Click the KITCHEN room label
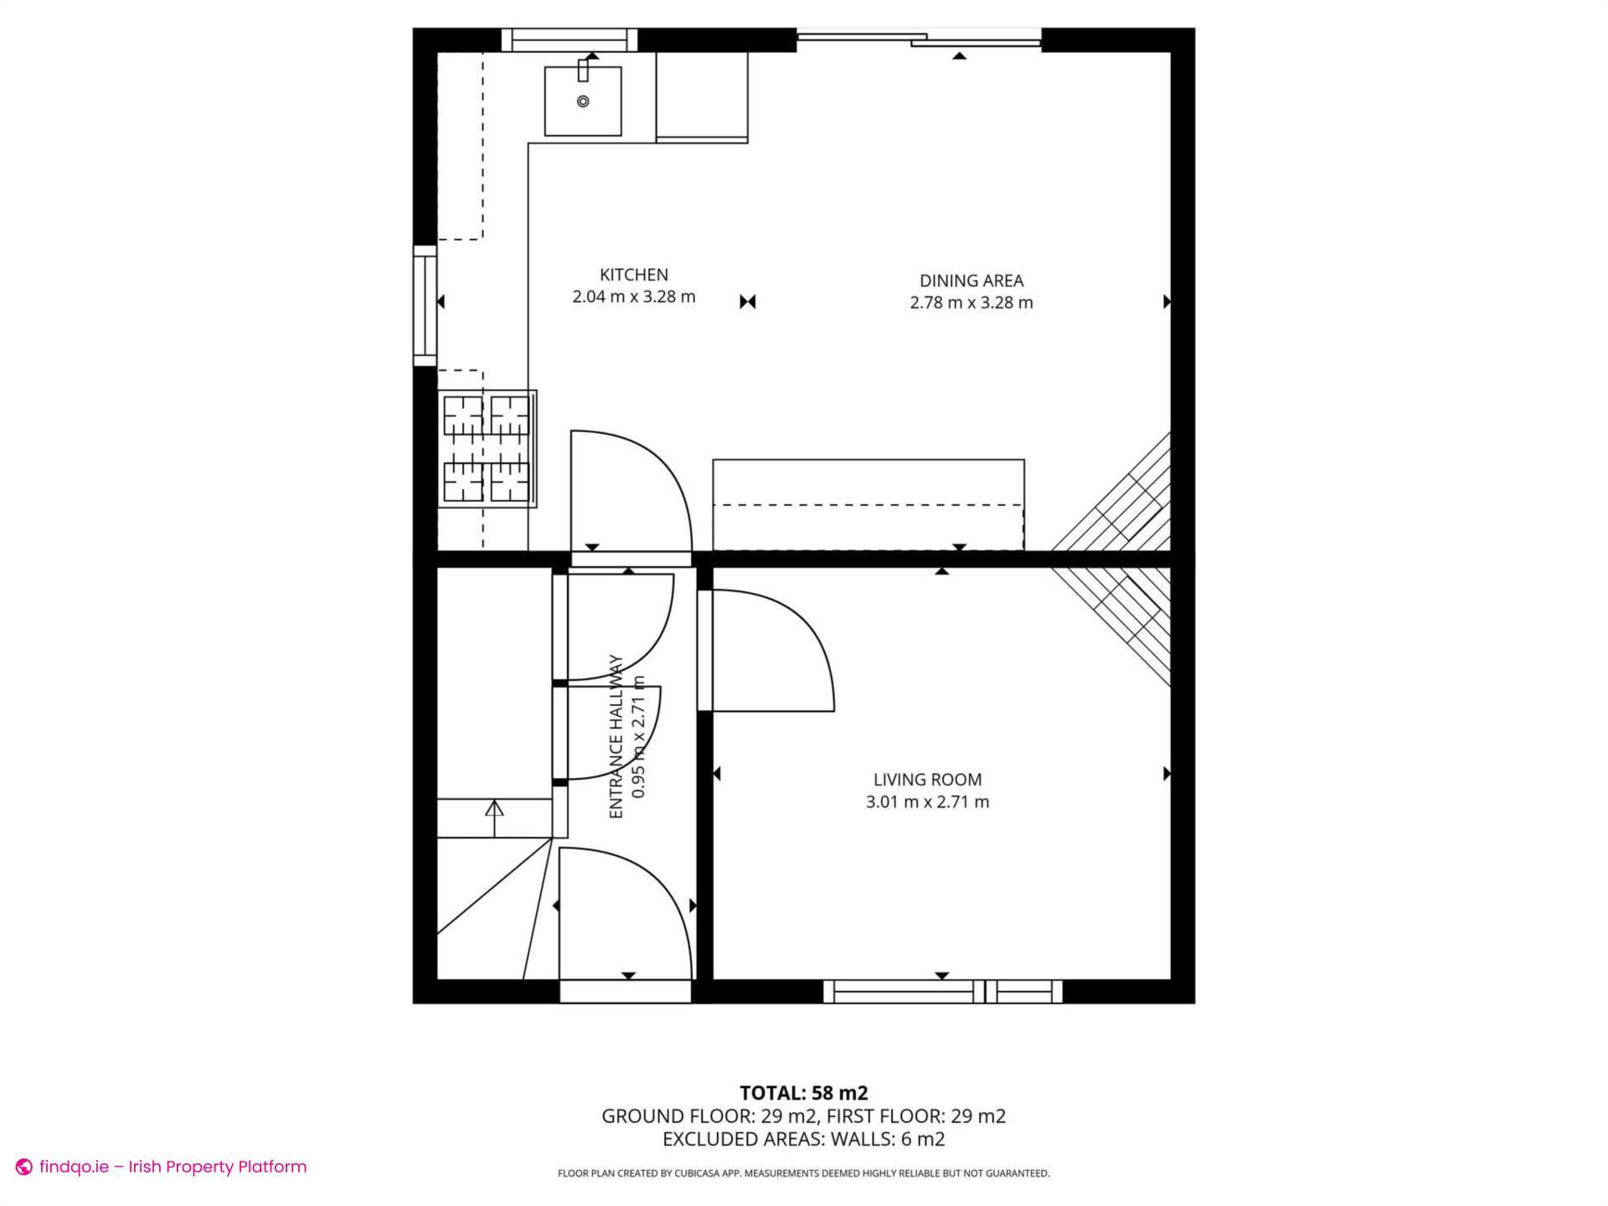tap(633, 275)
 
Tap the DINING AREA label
tap(971, 281)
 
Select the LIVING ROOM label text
tap(927, 780)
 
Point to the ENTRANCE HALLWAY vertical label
tap(616, 737)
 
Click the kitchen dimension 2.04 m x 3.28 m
tap(633, 296)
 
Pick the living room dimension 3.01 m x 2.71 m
tap(927, 802)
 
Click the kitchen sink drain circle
tap(583, 101)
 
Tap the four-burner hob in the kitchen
tap(487, 449)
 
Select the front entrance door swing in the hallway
tap(624, 913)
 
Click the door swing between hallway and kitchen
tap(630, 490)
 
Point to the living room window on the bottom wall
tap(942, 992)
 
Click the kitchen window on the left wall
tap(425, 306)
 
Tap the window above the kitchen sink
tap(569, 39)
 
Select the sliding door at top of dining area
tap(918, 38)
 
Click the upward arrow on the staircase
tap(494, 810)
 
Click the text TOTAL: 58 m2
tap(803, 1093)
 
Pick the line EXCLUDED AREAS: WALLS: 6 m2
tap(803, 1139)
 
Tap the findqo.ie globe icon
tap(24, 1167)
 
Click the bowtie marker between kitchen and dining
tap(748, 301)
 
